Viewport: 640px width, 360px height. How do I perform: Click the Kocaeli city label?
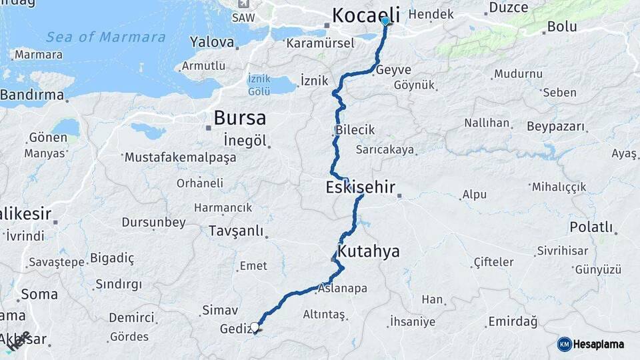(366, 15)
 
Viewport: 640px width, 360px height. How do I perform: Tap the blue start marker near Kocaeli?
(385, 21)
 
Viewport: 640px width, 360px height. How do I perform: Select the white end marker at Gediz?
(255, 327)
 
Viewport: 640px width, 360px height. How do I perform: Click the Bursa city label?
(239, 118)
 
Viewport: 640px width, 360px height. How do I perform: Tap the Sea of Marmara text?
(106, 37)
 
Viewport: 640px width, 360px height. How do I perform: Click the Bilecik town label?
(355, 131)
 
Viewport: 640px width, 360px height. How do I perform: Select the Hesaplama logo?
(591, 344)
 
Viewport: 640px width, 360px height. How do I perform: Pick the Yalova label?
(212, 43)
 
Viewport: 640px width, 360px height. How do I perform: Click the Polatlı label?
(591, 227)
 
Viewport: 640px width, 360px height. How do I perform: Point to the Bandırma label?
(32, 95)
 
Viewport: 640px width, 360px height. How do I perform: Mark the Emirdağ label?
(513, 322)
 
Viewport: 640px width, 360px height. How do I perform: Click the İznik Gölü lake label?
(259, 84)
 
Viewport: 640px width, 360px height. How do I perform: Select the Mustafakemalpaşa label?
(180, 158)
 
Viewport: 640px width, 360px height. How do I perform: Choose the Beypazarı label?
(555, 126)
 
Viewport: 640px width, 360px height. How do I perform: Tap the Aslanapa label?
(343, 289)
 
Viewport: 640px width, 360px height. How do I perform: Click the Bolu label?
(561, 27)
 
